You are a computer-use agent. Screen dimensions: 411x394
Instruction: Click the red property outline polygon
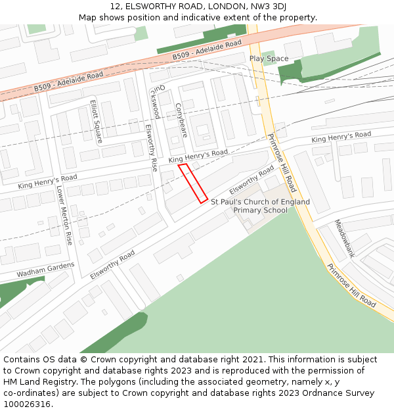pyautogui.click(x=193, y=183)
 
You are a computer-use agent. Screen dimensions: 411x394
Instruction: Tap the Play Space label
pyautogui.click(x=269, y=59)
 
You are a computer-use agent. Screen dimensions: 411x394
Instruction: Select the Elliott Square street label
pyautogui.click(x=96, y=122)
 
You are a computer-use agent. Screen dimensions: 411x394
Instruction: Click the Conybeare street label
pyautogui.click(x=182, y=120)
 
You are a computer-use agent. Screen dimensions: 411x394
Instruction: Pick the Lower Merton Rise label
pyautogui.click(x=64, y=216)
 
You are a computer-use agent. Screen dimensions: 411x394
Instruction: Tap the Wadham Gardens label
pyautogui.click(x=46, y=269)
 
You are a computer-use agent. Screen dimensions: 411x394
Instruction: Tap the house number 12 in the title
pyautogui.click(x=116, y=6)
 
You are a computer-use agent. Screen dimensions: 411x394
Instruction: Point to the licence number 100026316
pyautogui.click(x=28, y=404)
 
